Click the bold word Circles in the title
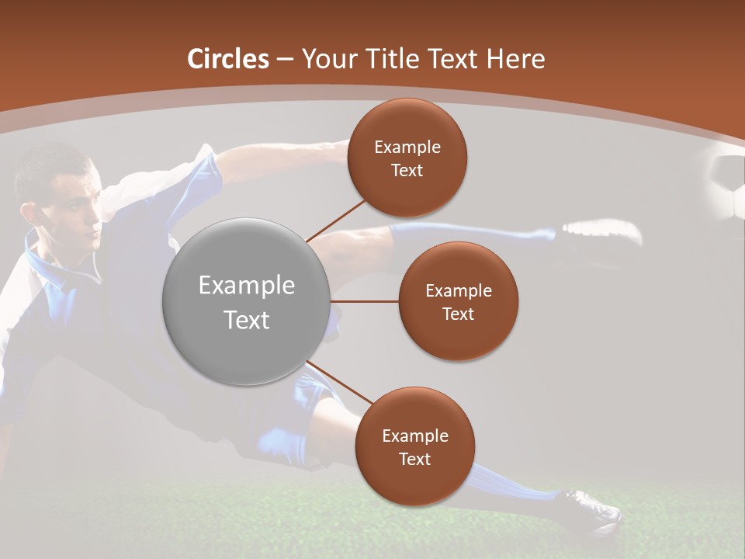(x=228, y=59)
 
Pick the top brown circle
(x=407, y=157)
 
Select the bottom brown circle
(x=414, y=446)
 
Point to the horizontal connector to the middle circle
(x=365, y=301)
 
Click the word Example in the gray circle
(x=247, y=286)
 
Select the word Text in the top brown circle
(x=407, y=170)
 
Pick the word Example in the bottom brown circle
(x=414, y=436)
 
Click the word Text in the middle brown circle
(x=458, y=314)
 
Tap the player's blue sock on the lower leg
(x=497, y=481)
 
